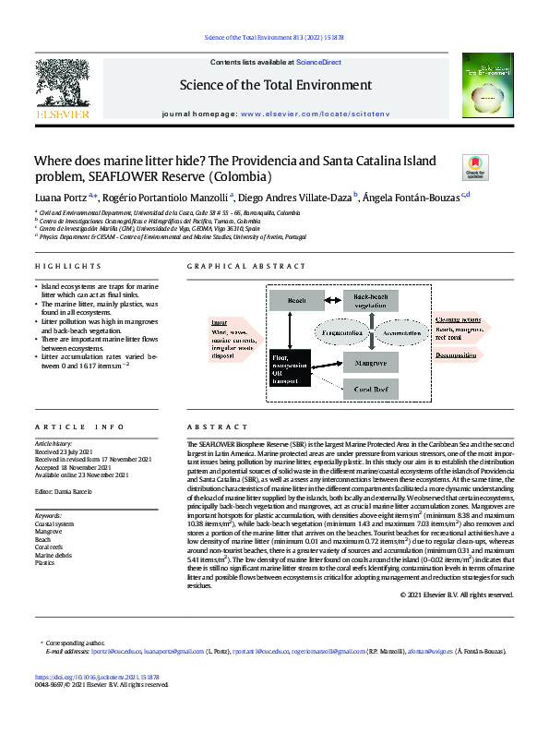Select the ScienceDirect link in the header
(318, 62)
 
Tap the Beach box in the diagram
(297, 300)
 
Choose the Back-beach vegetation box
(374, 300)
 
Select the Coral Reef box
(374, 391)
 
